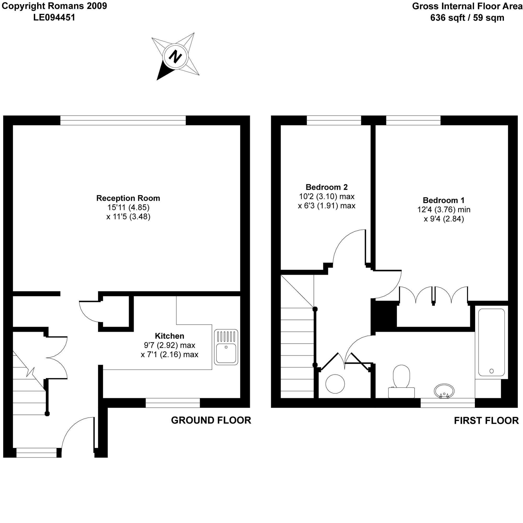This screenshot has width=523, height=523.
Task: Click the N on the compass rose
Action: [x=175, y=57]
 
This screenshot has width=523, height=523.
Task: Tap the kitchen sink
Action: [x=226, y=347]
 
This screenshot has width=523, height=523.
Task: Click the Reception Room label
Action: [x=128, y=198]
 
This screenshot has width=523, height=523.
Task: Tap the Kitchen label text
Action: [x=169, y=336]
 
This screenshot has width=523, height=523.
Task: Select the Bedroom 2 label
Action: [x=326, y=187]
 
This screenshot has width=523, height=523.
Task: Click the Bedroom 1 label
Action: [x=444, y=200]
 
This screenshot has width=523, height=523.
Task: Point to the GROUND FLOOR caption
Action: [x=211, y=420]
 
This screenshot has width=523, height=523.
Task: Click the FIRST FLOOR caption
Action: [x=486, y=420]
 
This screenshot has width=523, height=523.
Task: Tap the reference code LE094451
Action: [x=54, y=18]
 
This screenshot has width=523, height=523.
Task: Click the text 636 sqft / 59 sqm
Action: [x=467, y=18]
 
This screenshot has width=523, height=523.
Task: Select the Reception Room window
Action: [x=123, y=120]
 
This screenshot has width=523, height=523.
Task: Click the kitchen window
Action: [x=173, y=403]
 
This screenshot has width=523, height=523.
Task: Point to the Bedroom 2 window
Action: [x=334, y=120]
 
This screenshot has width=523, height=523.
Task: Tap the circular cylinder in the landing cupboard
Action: [x=335, y=384]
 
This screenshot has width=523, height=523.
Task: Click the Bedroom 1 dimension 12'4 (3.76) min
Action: [x=444, y=209]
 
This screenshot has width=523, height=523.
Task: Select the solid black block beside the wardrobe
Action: [x=384, y=316]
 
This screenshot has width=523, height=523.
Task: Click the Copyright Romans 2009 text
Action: [x=54, y=6]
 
